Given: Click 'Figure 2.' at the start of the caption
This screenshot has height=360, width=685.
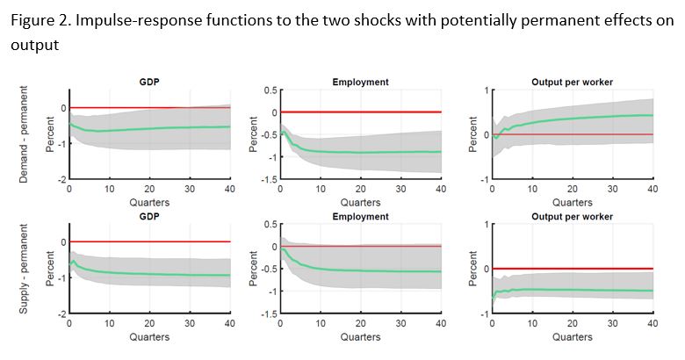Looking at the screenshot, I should [x=39, y=22].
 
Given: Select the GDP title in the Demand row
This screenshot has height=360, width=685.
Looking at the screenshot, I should [x=148, y=82].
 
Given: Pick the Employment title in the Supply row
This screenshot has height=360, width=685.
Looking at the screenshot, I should [x=360, y=215].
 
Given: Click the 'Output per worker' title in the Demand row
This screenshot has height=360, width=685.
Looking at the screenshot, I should [x=572, y=82].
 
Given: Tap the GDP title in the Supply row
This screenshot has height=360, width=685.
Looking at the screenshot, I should [x=148, y=215].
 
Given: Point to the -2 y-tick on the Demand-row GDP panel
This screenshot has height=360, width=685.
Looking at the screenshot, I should [x=62, y=179].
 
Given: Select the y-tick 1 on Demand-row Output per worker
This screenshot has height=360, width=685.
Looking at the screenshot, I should [x=482, y=90].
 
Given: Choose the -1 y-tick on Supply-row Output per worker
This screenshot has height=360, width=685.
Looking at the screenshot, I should [x=479, y=313].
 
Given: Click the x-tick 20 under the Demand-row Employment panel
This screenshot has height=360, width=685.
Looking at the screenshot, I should [x=360, y=189].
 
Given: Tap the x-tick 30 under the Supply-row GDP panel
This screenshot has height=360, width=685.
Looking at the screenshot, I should [x=189, y=323].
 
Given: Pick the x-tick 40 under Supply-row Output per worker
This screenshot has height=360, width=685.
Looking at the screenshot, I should [x=652, y=323].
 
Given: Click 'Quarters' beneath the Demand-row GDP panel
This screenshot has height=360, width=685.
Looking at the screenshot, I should [x=148, y=202].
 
